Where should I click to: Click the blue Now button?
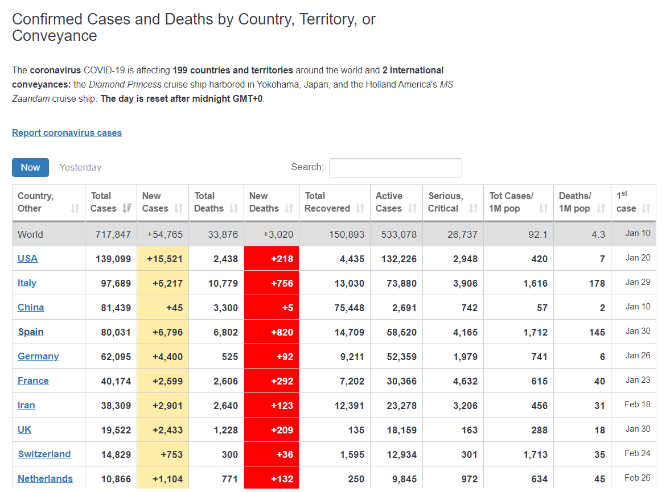pyautogui.click(x=30, y=167)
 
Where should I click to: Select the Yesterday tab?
pyautogui.click(x=80, y=167)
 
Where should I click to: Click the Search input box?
pyautogui.click(x=395, y=168)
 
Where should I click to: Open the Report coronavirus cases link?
pyautogui.click(x=67, y=133)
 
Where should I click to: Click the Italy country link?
pyautogui.click(x=27, y=283)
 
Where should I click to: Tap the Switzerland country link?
pyautogui.click(x=44, y=454)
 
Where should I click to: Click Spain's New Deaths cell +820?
pyautogui.click(x=271, y=332)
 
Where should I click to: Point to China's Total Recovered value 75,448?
pyautogui.click(x=349, y=308)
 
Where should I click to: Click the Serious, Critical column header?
pyautogui.click(x=446, y=202)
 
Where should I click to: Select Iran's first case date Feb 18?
pyautogui.click(x=637, y=404)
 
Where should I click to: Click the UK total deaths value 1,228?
pyautogui.click(x=225, y=430)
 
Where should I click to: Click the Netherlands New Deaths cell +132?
pyautogui.click(x=271, y=479)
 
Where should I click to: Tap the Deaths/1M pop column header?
pyautogui.click(x=575, y=202)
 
